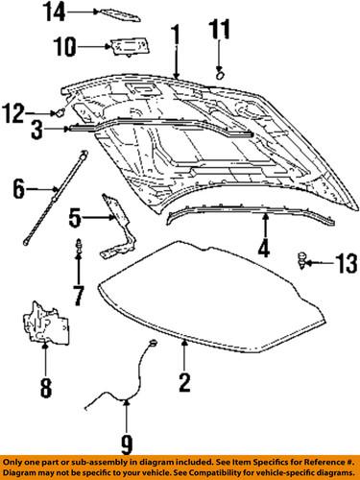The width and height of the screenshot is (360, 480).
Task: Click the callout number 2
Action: tap(183, 384)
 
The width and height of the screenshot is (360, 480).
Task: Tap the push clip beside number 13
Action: tap(303, 258)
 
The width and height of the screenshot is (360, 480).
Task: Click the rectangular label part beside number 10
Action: tap(125, 45)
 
